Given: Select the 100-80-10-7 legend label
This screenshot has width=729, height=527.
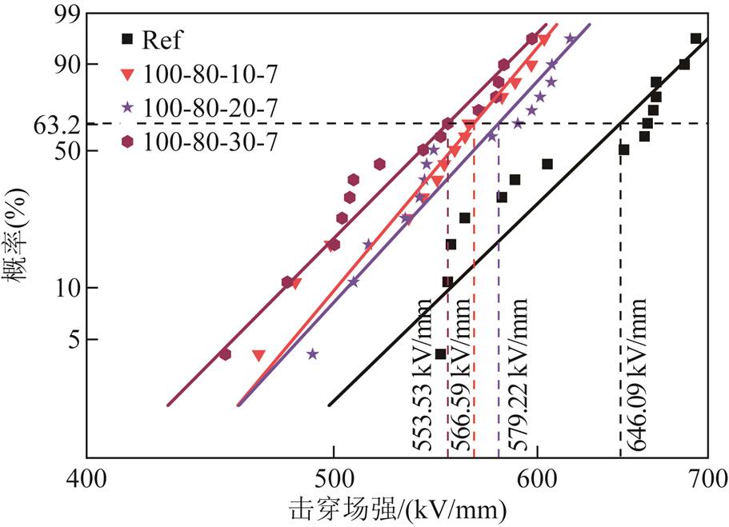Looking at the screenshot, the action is pyautogui.click(x=210, y=74).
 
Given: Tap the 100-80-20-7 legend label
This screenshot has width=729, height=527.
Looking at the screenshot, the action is pyautogui.click(x=210, y=108).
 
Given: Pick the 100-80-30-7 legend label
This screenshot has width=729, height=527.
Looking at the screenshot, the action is pyautogui.click(x=210, y=142).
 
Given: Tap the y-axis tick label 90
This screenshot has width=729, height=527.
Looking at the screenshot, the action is pyautogui.click(x=67, y=65).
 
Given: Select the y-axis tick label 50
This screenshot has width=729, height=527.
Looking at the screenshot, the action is pyautogui.click(x=67, y=151).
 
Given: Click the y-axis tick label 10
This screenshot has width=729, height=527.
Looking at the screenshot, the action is pyautogui.click(x=67, y=289).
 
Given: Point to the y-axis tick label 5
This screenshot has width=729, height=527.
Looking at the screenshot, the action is pyautogui.click(x=74, y=340).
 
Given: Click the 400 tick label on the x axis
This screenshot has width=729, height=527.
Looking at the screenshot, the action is pyautogui.click(x=86, y=478).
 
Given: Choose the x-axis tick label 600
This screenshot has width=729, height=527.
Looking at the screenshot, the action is pyautogui.click(x=537, y=478).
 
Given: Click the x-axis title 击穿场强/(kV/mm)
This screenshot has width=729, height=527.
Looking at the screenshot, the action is pyautogui.click(x=398, y=509).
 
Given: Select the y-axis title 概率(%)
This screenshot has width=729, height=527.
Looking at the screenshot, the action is pyautogui.click(x=17, y=236).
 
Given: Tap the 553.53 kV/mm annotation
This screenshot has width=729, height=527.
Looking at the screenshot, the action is pyautogui.click(x=423, y=374).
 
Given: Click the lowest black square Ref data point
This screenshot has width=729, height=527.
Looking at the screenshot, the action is pyautogui.click(x=440, y=354).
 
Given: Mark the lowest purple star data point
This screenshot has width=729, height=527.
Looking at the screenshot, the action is pyautogui.click(x=312, y=354).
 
